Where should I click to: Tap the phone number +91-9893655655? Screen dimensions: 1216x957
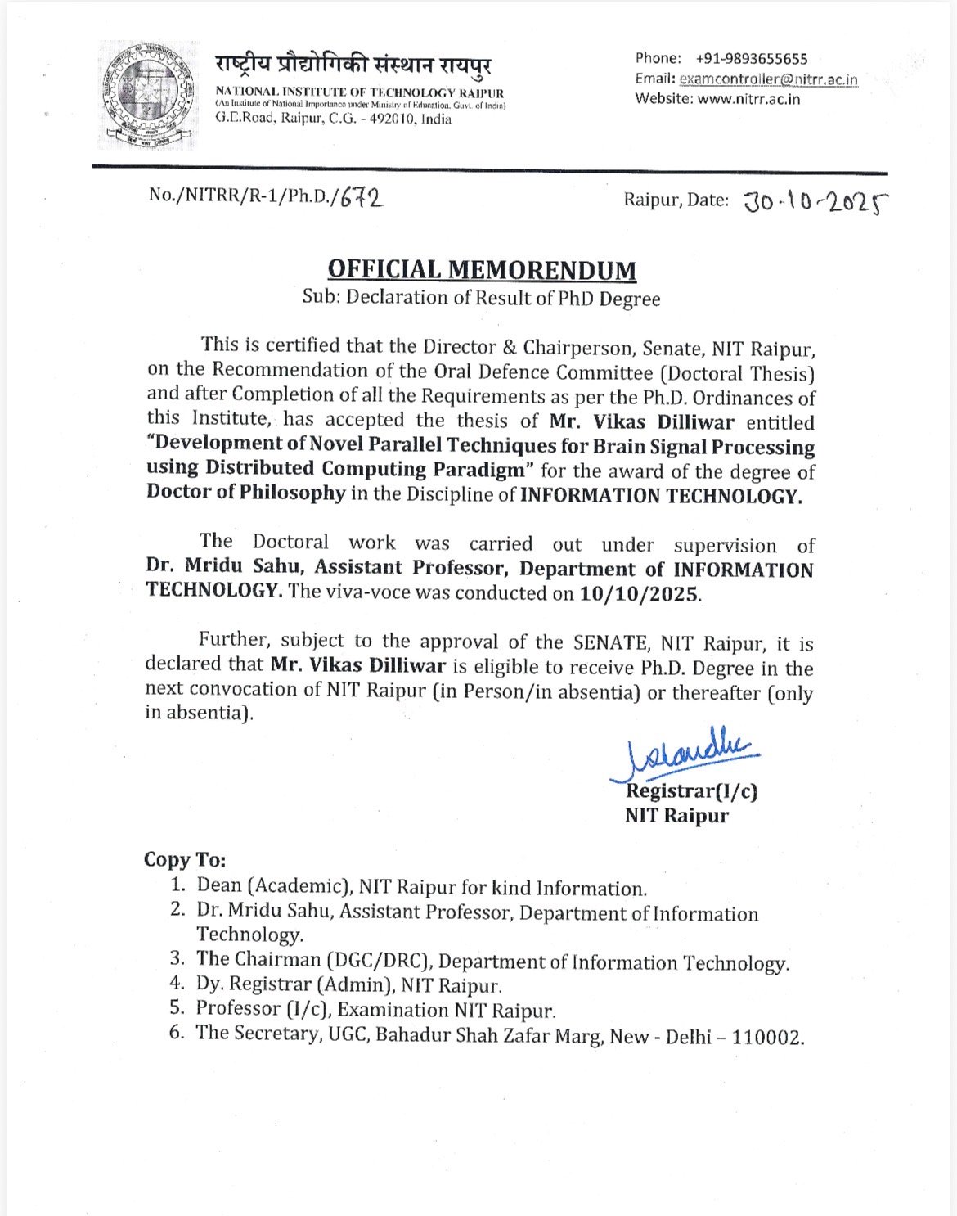pos(752,59)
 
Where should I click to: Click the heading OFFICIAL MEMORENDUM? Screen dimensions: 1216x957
pos(481,270)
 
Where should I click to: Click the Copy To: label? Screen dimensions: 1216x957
pos(185,860)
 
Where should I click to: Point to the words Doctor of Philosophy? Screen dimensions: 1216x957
pos(246,493)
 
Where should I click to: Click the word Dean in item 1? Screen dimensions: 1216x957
pos(219,886)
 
